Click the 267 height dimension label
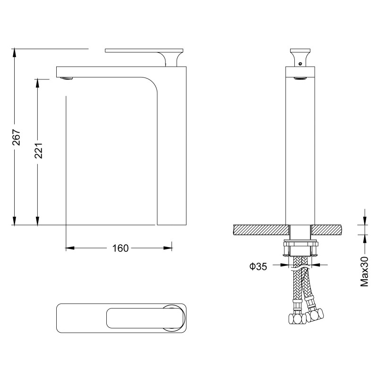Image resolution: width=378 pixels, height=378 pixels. (17, 137)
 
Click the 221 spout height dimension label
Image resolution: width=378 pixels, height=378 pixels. (39, 151)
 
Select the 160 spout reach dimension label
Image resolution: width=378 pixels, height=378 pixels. (120, 248)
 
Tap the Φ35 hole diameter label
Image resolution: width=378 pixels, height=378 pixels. (258, 266)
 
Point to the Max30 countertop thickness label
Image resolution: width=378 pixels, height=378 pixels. (364, 271)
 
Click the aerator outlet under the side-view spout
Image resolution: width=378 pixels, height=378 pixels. (66, 78)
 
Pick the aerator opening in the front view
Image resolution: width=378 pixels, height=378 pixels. (300, 78)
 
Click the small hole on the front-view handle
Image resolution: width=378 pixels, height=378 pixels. (300, 64)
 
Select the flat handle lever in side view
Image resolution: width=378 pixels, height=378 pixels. (144, 51)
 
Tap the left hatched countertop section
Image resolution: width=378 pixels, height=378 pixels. (261, 230)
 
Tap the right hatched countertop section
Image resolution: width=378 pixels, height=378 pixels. (327, 230)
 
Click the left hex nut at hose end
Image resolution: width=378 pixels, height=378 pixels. (297, 318)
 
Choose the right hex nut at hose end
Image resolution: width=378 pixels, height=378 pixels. (315, 315)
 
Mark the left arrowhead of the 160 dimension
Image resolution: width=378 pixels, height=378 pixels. (70, 248)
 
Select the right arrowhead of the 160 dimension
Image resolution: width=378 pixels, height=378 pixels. (168, 248)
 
